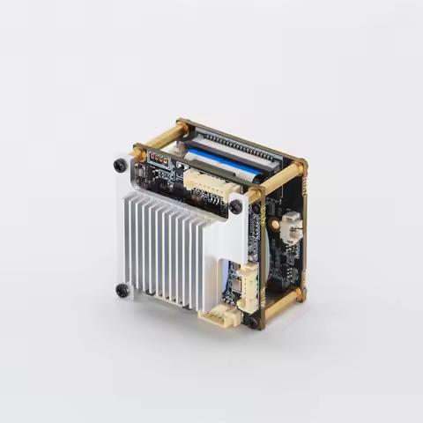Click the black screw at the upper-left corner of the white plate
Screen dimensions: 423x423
click(120, 165)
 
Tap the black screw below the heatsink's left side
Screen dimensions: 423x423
click(122, 289)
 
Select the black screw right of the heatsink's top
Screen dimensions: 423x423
click(236, 207)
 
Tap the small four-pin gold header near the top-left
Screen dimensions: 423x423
click(160, 160)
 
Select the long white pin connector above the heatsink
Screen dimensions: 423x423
click(208, 180)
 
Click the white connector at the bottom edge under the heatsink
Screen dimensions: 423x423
click(218, 315)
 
